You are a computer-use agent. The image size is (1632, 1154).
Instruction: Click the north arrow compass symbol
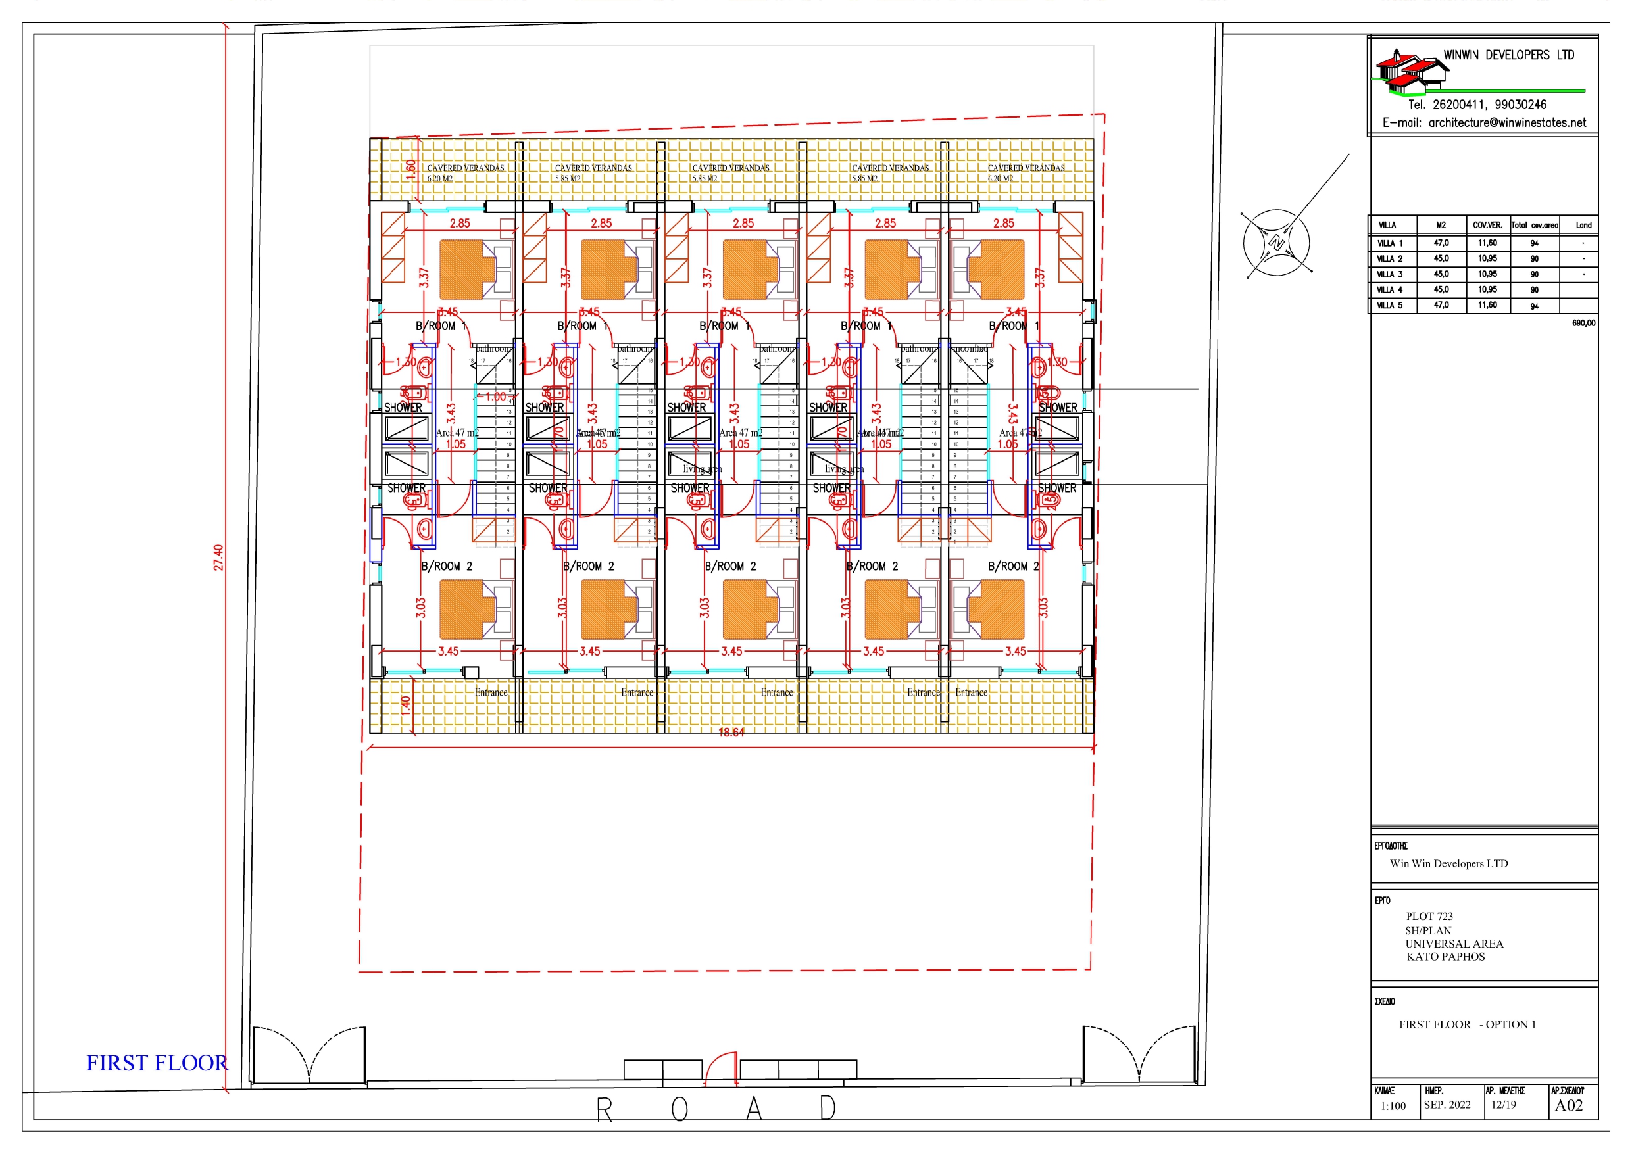point(1277,243)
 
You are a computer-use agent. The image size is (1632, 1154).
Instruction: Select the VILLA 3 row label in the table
point(1390,274)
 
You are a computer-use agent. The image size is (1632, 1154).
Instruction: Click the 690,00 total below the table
point(1583,323)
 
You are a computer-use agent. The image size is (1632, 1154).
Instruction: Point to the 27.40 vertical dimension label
point(219,558)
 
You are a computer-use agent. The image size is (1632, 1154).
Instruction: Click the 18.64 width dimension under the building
point(731,733)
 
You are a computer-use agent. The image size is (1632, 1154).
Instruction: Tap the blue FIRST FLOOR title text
point(157,1063)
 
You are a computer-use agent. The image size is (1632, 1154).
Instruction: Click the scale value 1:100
point(1393,1107)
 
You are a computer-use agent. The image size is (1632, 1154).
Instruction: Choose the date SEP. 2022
point(1447,1105)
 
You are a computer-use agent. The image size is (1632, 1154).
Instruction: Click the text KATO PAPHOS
point(1446,957)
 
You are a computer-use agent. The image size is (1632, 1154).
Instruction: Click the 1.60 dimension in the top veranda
point(410,170)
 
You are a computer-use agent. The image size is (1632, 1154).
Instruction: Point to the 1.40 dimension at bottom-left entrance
point(405,705)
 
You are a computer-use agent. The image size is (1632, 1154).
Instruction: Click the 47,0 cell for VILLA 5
point(1441,305)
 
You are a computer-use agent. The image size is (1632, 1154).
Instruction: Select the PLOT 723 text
point(1429,917)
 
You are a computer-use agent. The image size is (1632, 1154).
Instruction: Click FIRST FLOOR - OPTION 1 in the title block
point(1467,1024)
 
